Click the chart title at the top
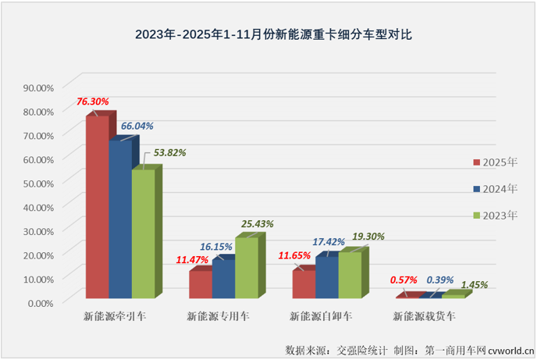[268, 35]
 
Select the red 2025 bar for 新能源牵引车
[97, 207]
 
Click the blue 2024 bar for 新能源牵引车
[119, 219]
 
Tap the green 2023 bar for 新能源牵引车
[143, 233]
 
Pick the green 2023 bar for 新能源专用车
[246, 267]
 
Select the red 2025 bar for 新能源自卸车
[304, 284]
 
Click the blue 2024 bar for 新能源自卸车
[326, 277]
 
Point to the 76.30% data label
[92, 102]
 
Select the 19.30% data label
[368, 236]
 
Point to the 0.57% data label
[402, 280]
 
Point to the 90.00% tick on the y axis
[37, 87]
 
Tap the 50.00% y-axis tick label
[37, 183]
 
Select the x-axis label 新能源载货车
[424, 317]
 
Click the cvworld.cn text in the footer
[510, 348]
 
